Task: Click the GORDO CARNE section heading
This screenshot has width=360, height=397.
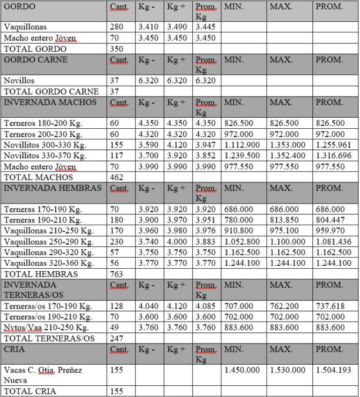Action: click(35, 59)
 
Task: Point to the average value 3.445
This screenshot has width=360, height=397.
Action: click(205, 27)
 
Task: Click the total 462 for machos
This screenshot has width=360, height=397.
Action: click(116, 176)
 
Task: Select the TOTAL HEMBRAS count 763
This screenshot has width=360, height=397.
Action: click(116, 273)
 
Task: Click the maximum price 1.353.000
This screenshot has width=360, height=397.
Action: click(288, 145)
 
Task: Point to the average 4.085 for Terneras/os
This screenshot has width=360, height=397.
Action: click(205, 306)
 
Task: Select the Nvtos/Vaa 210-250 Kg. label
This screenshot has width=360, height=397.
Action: click(46, 328)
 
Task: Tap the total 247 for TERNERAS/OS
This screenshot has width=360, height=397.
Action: click(116, 338)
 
